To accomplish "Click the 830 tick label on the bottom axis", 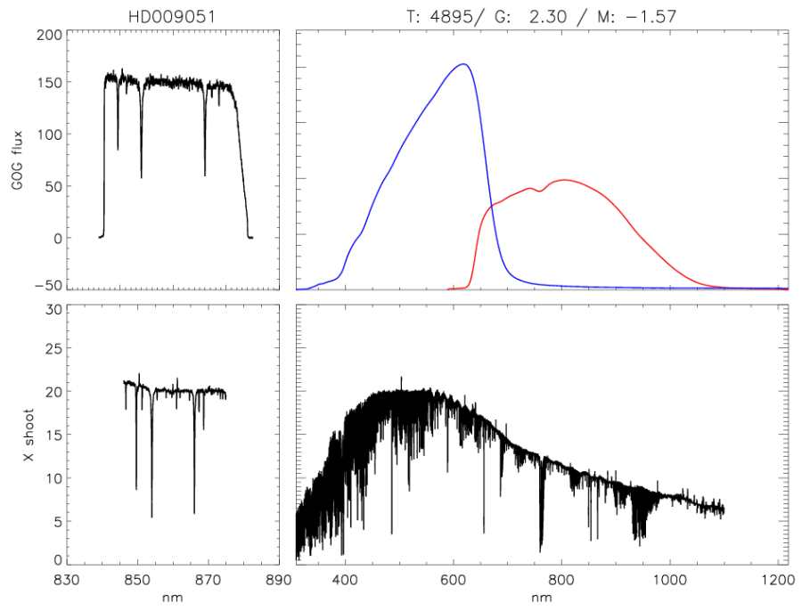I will click(67, 580).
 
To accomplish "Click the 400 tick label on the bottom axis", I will click(345, 580).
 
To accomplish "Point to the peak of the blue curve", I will click(463, 64).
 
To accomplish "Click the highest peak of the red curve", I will click(563, 180).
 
